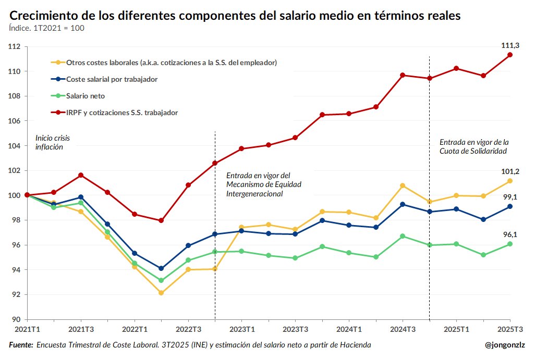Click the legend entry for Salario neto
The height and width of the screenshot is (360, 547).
tap(86, 96)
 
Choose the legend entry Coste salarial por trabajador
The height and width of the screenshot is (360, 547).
tap(112, 79)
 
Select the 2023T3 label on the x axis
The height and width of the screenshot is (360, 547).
tap(295, 329)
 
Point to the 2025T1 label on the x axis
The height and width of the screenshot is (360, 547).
tap(456, 329)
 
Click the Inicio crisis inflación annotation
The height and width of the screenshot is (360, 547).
tap(52, 142)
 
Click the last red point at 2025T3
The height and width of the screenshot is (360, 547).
tap(510, 55)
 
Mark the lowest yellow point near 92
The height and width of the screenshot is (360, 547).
tap(161, 293)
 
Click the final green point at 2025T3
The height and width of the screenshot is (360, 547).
tap(510, 244)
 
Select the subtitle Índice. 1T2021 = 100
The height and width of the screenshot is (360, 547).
tap(47, 28)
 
